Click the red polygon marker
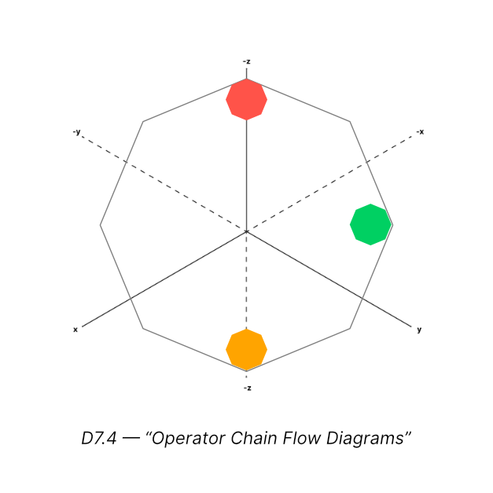[247, 99]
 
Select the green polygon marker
[370, 224]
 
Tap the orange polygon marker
[247, 349]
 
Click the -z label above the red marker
[247, 61]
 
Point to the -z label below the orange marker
[247, 388]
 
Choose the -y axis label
[76, 131]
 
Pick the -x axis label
[421, 131]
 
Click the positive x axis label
[75, 329]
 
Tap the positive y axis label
[419, 329]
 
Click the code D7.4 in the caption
[99, 439]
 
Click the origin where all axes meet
[247, 231]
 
